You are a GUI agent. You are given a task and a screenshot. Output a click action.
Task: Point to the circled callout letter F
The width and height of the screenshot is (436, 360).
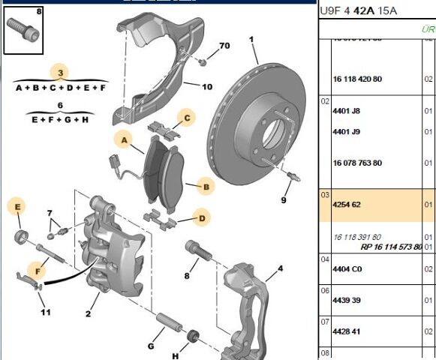36,268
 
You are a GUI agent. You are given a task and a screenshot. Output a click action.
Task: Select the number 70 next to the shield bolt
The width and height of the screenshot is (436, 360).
224,46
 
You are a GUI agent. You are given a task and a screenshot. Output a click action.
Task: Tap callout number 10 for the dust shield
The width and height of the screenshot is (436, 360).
206,86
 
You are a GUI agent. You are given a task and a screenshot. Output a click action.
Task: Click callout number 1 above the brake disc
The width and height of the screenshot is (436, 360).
252,39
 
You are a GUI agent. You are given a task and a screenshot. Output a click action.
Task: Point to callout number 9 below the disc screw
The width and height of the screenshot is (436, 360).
284,200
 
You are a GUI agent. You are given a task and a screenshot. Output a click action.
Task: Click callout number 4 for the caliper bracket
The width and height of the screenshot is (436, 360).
279,268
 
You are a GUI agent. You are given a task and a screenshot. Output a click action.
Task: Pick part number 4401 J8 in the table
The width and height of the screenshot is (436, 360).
346,111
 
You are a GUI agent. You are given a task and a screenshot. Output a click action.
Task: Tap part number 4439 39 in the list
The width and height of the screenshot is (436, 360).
347,300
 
